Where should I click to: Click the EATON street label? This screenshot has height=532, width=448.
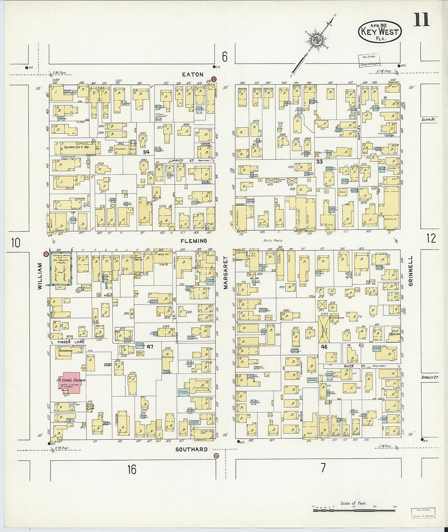click(x=193, y=75)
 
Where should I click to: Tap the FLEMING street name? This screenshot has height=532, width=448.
click(x=194, y=241)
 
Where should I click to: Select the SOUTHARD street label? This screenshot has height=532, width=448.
click(x=191, y=449)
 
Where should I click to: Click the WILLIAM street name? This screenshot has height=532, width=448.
click(x=40, y=276)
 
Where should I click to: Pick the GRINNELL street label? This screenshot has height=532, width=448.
click(x=411, y=271)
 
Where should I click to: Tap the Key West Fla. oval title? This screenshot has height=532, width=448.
click(x=380, y=31)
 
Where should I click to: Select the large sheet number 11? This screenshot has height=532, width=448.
click(x=421, y=20)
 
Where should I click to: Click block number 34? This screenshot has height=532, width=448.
click(x=146, y=152)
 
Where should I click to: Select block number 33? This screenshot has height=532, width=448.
click(x=320, y=161)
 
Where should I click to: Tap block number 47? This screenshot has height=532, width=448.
click(x=150, y=347)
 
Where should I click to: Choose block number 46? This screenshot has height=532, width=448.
click(x=324, y=347)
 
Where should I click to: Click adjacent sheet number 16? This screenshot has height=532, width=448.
click(x=132, y=469)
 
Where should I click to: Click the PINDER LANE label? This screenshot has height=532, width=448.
click(x=70, y=342)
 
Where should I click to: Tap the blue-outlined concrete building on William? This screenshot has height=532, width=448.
click(x=61, y=268)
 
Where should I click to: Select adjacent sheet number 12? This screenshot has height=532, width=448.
click(x=431, y=238)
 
